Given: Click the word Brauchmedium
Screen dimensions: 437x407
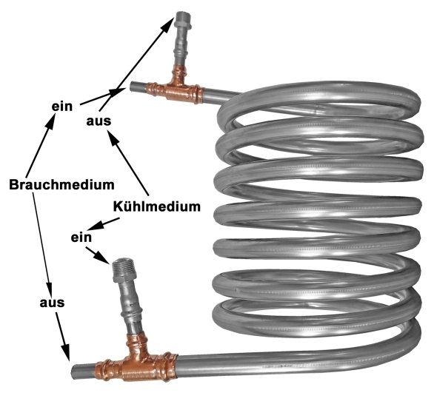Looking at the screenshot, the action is pyautogui.click(x=61, y=184).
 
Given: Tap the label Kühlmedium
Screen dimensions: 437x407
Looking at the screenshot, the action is pyautogui.click(x=156, y=206).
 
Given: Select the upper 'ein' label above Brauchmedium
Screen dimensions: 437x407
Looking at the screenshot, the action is pyautogui.click(x=62, y=107).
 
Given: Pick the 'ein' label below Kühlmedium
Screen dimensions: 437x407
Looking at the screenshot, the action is pyautogui.click(x=81, y=238).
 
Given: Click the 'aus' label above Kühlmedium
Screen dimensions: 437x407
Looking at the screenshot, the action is pyautogui.click(x=99, y=121).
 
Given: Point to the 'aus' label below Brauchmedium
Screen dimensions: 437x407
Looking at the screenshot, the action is pyautogui.click(x=52, y=303).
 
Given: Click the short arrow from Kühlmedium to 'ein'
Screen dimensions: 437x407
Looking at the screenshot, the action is pyautogui.click(x=104, y=224).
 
